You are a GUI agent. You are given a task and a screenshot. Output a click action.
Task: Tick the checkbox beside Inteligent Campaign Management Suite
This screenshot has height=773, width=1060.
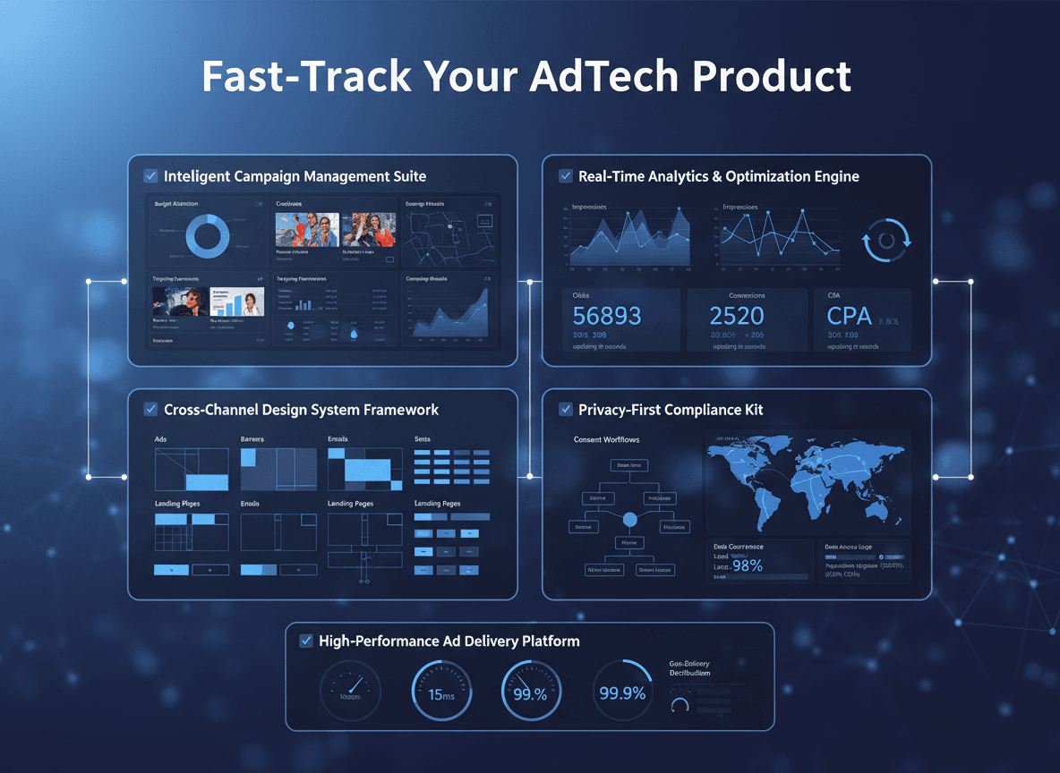click(150, 176)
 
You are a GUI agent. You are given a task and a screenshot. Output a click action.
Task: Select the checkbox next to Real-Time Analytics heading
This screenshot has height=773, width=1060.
click(566, 176)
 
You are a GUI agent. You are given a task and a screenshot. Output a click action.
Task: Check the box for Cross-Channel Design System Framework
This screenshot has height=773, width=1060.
click(150, 410)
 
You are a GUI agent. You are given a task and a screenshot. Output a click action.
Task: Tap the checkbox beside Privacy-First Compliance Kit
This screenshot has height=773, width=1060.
click(566, 410)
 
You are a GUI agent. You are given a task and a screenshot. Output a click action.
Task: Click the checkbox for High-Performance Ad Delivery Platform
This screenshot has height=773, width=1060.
click(306, 641)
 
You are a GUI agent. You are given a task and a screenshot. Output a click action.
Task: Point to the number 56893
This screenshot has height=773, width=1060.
click(607, 316)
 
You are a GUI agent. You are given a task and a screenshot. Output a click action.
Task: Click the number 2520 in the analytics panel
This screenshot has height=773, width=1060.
click(736, 316)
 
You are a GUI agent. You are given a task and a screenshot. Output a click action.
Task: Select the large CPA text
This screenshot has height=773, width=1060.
click(849, 316)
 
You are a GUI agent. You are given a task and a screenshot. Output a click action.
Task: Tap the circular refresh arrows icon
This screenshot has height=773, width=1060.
click(886, 241)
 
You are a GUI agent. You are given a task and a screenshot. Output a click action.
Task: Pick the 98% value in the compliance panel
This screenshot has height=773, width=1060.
click(747, 565)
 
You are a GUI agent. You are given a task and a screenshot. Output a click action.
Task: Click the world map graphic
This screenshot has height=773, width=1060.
click(808, 480)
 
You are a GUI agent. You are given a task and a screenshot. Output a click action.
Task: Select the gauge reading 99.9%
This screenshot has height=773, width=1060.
click(622, 692)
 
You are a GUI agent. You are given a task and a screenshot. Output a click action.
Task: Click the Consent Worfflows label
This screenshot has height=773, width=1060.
click(607, 440)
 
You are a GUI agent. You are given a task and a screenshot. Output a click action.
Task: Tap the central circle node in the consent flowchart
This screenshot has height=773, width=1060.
click(629, 519)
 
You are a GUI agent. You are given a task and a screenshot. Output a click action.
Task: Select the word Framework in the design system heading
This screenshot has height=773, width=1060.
click(400, 410)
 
